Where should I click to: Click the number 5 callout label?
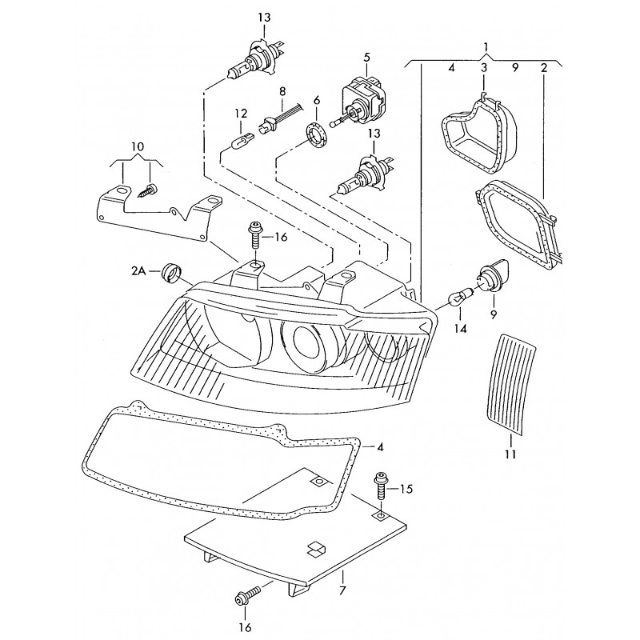(x=366, y=57)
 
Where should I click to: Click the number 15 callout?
(x=406, y=488)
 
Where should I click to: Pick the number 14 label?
(x=460, y=328)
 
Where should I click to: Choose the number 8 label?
(x=282, y=93)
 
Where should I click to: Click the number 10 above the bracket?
(x=138, y=147)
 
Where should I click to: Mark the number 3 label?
(x=483, y=69)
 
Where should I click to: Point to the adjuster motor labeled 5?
(x=364, y=98)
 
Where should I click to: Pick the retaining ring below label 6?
(x=318, y=132)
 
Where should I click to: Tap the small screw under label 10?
(x=150, y=190)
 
